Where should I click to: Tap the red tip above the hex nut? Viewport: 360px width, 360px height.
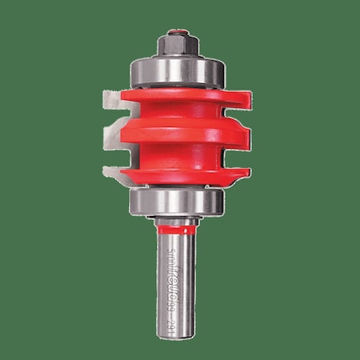178,33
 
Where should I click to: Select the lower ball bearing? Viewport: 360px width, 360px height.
177,200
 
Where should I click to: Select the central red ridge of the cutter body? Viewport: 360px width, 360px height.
178,134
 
